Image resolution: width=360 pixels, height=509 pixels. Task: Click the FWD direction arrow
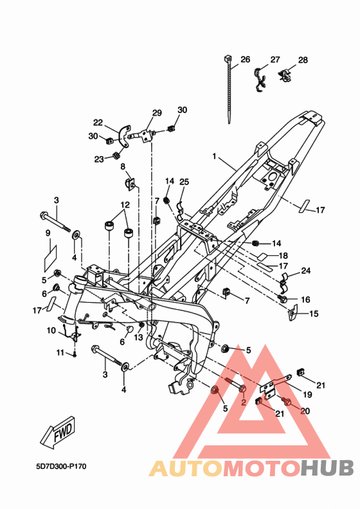coord(59,432)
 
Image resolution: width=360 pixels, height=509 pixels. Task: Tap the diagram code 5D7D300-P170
coord(61,467)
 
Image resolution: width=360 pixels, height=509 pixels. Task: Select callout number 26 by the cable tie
coord(246,59)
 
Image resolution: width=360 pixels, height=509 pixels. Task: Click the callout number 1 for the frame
coord(214,156)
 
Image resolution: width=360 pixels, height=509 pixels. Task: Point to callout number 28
coord(303,60)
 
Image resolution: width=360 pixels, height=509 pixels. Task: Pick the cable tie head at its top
coord(228,59)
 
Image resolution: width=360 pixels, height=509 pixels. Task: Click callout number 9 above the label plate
coord(48,233)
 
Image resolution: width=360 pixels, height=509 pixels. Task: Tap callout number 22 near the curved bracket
coord(98,122)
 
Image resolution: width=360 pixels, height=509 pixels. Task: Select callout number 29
coord(157,112)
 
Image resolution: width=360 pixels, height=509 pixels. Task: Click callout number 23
coord(99,159)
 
